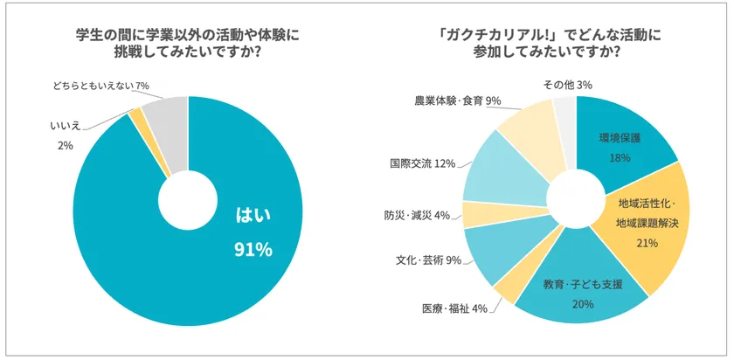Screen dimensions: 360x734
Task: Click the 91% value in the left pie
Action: pos(253,251)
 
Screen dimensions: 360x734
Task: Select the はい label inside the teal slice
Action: pos(253,216)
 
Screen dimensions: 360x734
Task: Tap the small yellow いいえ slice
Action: pos(136,120)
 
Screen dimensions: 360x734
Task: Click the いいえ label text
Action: pos(66,128)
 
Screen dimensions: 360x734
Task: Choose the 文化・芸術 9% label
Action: pos(428,260)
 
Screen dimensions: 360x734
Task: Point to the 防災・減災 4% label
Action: pos(417,215)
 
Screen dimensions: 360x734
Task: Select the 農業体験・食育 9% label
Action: pos(457,101)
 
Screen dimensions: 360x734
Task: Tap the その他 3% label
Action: pos(567,84)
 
